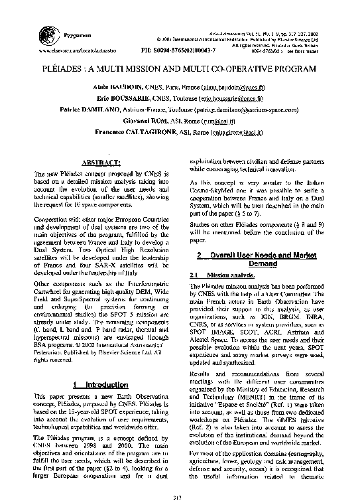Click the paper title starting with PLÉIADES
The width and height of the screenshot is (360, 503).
tap(180, 68)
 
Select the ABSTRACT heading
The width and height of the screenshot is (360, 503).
tap(99, 163)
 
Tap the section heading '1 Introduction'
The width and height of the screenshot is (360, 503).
tap(100, 384)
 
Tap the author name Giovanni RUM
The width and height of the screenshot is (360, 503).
tap(143, 121)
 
